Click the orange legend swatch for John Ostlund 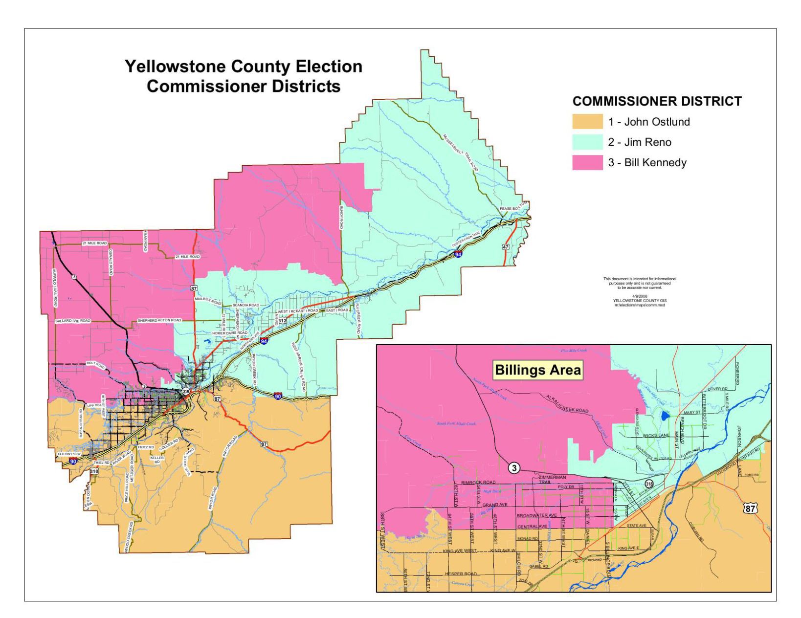587,122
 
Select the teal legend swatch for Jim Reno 587,142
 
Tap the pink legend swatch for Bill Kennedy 587,163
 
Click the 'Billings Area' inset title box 537,370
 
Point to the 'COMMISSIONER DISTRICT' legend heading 657,101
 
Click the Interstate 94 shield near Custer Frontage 458,254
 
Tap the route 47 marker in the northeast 506,246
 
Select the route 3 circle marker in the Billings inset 513,468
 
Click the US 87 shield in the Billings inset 750,508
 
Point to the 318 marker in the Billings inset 649,484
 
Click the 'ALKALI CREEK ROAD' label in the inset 567,404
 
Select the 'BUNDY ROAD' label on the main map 341,217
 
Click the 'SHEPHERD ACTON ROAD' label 159,320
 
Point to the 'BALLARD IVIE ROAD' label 72,321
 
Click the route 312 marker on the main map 282,320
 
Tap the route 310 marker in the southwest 94,471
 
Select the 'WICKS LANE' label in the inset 656,435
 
